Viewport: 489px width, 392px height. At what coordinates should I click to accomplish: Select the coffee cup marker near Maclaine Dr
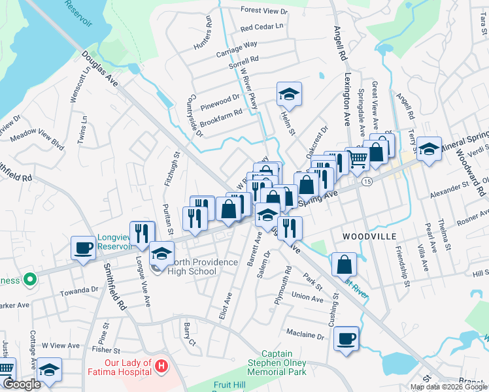point(346,338)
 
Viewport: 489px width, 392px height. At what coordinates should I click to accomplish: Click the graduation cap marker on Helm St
point(288,94)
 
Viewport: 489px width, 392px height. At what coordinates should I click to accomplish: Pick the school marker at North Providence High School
point(161,253)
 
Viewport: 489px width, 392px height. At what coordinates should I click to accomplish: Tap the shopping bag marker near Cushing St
point(344,265)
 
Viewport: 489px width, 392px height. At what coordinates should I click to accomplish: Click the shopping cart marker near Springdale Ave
point(357,159)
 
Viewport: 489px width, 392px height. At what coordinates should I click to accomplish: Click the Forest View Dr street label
point(263,11)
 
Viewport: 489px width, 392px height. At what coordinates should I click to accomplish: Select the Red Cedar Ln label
point(261,27)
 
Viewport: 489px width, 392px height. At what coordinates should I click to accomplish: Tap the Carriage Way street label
point(241,46)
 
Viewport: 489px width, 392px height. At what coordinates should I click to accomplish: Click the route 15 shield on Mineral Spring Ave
point(368,182)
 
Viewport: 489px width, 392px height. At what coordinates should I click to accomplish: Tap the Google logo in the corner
point(22,384)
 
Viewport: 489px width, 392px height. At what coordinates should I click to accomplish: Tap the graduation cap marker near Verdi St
point(430,149)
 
